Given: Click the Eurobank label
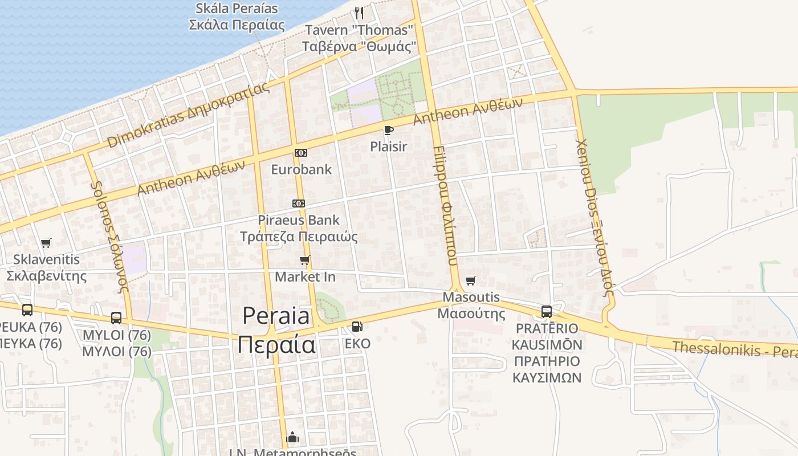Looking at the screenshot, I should [x=301, y=169].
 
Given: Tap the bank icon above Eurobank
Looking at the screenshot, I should [x=300, y=153].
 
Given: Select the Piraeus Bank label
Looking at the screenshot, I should [x=298, y=220].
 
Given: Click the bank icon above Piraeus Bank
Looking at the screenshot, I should [x=298, y=203].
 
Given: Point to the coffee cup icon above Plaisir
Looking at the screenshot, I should [x=389, y=131].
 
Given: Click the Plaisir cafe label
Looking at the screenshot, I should [x=389, y=146].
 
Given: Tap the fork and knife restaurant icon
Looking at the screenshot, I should [x=359, y=13].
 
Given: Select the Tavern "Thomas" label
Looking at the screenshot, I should [x=359, y=30].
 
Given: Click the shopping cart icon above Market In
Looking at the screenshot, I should [x=305, y=260].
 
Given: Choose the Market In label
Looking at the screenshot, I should [x=305, y=277].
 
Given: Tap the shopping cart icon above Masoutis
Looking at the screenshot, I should [x=471, y=280].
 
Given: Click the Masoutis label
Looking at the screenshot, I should [x=471, y=297].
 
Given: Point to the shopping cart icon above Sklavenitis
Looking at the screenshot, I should [x=46, y=243].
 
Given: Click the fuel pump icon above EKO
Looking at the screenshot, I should [x=357, y=327].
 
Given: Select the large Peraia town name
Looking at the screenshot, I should [x=276, y=316].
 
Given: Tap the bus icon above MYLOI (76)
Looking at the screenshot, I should [x=116, y=318].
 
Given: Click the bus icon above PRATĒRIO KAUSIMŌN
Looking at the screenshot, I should [x=547, y=312].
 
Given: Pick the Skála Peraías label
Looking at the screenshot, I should [x=237, y=9].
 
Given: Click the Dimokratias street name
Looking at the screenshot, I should [x=188, y=115].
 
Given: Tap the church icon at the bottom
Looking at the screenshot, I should [x=293, y=438].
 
